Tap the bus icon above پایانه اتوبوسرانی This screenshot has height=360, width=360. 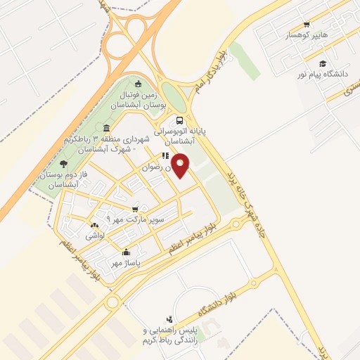(180, 120)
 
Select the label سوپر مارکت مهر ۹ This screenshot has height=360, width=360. (138, 219)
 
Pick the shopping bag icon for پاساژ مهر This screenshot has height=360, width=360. (127, 252)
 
